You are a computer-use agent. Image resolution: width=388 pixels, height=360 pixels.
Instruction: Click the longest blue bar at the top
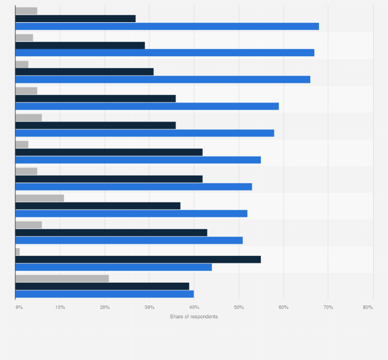167,26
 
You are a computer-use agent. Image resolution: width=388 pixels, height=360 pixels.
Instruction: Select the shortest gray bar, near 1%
17,252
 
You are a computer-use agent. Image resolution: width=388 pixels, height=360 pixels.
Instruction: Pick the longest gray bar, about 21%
62,279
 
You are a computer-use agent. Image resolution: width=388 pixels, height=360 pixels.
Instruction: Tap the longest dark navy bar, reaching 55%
138,260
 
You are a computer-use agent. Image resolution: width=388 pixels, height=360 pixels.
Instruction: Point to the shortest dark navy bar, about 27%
76,19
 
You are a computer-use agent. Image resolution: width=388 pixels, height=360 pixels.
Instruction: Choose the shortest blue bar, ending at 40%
104,294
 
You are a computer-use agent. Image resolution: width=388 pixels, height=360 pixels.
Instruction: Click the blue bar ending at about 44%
113,267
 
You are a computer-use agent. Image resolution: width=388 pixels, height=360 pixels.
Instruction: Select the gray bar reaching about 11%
40,198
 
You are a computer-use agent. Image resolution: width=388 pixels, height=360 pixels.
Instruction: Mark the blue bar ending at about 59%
147,106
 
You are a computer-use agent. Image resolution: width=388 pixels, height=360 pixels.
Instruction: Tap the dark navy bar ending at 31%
84,72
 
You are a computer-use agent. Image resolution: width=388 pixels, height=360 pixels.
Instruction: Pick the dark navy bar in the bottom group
102,286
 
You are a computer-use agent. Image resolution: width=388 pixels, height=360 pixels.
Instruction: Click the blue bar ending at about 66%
163,79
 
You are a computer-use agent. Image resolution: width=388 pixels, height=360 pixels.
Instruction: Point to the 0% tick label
19,307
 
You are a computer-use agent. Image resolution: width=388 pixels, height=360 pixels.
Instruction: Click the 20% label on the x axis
104,307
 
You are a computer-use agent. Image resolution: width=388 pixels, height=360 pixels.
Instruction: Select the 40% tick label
194,307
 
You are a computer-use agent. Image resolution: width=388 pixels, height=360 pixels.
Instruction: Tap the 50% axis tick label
239,307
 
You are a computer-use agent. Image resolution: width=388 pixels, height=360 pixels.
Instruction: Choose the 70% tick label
328,307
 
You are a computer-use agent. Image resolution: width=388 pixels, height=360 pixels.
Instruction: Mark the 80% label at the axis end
367,307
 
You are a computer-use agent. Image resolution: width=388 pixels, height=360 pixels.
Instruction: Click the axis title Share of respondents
193,316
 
